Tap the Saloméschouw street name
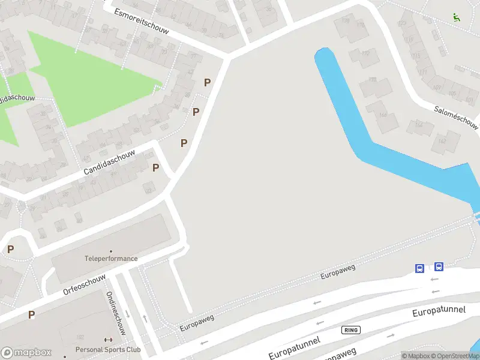(x=457, y=118)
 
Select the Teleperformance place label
(x=110, y=259)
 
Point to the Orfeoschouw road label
(x=84, y=284)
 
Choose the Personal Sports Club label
(x=108, y=350)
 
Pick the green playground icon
(x=457, y=17)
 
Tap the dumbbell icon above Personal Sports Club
(x=109, y=340)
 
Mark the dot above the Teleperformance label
(x=110, y=251)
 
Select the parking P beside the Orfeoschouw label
(x=31, y=314)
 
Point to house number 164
(x=418, y=125)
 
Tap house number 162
(x=442, y=141)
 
